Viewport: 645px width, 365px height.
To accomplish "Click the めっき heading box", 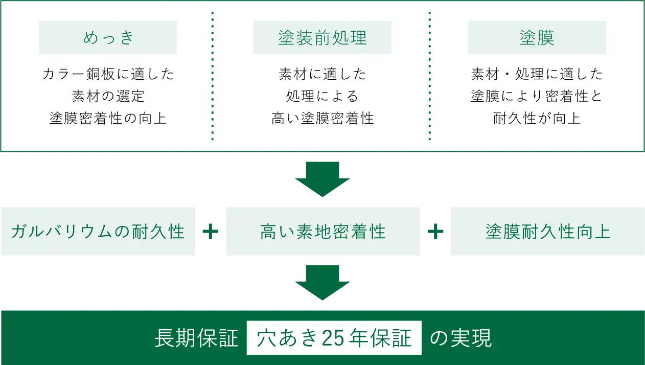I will tap(108, 38).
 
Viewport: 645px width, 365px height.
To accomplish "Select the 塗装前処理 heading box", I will tap(322, 38).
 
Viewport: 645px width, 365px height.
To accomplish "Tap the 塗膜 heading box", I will tap(537, 38).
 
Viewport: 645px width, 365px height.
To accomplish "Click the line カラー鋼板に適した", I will tap(108, 74).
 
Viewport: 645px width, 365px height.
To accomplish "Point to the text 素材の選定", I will tap(108, 96).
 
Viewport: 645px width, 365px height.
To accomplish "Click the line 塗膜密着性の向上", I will tap(108, 118).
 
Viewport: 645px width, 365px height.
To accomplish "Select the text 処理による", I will tap(322, 96).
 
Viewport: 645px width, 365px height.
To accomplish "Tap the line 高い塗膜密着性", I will tap(322, 118).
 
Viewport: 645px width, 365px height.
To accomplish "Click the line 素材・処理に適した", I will tap(537, 74).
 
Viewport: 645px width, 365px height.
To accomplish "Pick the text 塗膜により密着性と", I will tap(537, 96).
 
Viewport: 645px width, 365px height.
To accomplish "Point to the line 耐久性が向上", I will tap(537, 118).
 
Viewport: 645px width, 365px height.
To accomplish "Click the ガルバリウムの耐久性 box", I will tap(98, 231).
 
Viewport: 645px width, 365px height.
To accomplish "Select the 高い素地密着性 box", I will tap(322, 231).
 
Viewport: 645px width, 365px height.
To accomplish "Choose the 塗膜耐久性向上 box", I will tap(547, 231).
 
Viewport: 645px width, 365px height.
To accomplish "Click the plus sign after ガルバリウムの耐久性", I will tap(211, 232).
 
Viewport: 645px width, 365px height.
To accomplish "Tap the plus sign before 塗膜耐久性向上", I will tap(435, 232).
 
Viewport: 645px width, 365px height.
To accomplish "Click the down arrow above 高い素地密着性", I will tap(322, 179).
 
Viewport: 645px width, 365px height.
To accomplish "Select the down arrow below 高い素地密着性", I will tap(322, 282).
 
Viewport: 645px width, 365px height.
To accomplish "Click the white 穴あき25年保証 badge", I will tap(334, 338).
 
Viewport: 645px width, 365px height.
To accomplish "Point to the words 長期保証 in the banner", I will tap(197, 338).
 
